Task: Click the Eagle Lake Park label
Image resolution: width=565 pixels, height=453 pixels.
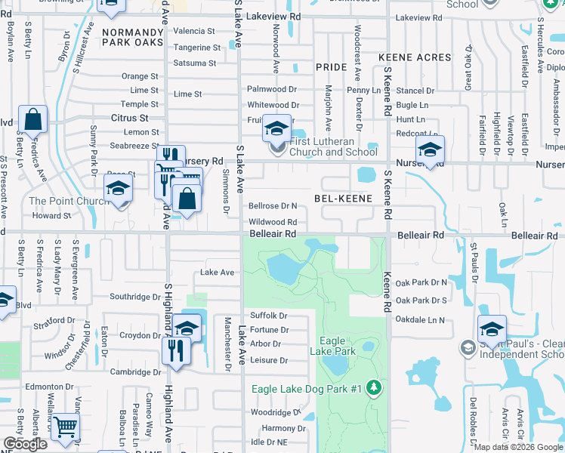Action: coord(333,347)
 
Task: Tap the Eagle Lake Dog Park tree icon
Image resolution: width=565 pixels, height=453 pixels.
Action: coord(372,388)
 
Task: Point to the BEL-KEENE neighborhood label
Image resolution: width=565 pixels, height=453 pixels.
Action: coord(343,199)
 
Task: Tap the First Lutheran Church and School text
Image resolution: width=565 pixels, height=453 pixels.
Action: coord(333,146)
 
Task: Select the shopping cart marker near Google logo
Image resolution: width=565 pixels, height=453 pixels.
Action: coord(66,427)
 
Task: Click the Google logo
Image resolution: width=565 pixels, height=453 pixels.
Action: coord(25,444)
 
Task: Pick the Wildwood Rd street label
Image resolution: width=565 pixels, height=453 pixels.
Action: coord(273,222)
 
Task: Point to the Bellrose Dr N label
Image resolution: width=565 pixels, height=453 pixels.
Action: coord(273,205)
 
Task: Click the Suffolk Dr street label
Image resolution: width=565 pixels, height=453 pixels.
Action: coord(268,315)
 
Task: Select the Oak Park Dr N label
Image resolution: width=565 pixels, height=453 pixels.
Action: coord(421,282)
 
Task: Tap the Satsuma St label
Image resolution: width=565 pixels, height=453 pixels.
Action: coord(195,63)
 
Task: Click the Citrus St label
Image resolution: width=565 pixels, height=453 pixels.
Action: coord(129,119)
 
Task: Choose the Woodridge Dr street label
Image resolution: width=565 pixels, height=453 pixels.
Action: coord(276,413)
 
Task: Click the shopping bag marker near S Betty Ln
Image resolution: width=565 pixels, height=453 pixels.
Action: coord(33,120)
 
